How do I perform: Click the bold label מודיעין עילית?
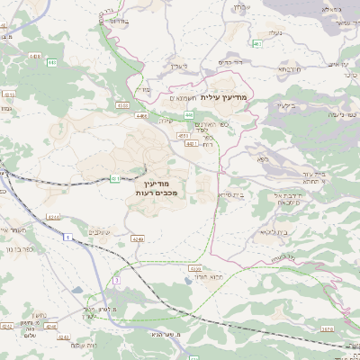(225, 96)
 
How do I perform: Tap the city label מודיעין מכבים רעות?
(160, 186)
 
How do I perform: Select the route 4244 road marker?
(52, 217)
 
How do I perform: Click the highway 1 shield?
(66, 237)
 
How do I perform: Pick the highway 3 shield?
(116, 280)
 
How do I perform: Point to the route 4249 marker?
(137, 238)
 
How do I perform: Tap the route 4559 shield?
(195, 268)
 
